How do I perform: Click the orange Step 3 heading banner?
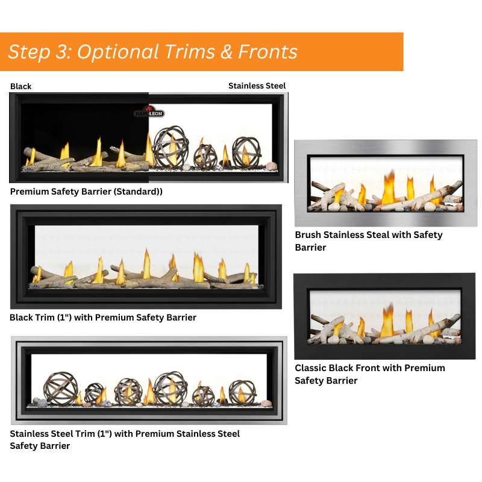[x=201, y=52]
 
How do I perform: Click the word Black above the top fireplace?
[x=21, y=87]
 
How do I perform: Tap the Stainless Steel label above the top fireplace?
[x=257, y=86]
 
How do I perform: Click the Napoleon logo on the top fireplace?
[x=149, y=112]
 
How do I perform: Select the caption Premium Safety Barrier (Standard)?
[x=86, y=192]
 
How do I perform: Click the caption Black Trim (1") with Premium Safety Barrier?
[x=103, y=318]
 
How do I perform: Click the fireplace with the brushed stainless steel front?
[x=386, y=183]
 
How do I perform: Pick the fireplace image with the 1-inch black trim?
[x=146, y=257]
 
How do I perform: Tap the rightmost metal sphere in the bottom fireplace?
[x=242, y=392]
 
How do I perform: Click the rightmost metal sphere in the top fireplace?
[x=246, y=152]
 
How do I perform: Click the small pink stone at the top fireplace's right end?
[x=271, y=166]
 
